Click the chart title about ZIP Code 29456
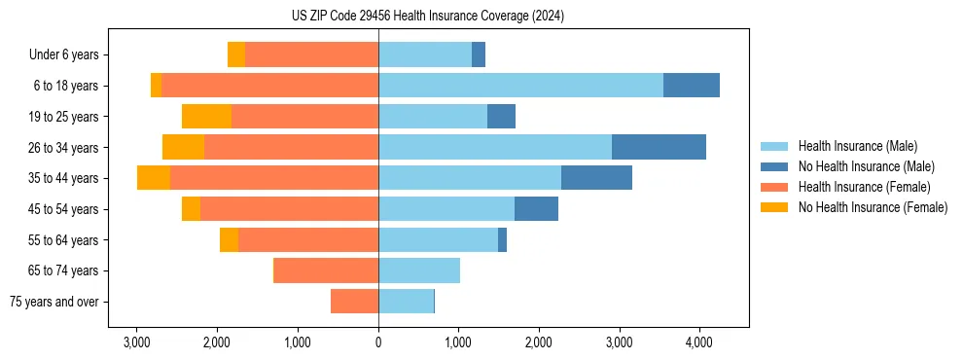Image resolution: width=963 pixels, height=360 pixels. click(x=482, y=17)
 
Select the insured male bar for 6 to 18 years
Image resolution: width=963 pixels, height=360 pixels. click(x=520, y=86)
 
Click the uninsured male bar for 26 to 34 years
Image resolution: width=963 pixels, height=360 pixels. click(x=659, y=147)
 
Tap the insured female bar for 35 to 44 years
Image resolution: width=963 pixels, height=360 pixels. click(x=273, y=178)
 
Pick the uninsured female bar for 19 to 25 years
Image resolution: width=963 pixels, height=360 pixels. click(x=206, y=117)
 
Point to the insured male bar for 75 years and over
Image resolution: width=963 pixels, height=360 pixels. click(x=406, y=302)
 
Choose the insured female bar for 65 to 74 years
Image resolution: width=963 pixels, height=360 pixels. click(x=326, y=270)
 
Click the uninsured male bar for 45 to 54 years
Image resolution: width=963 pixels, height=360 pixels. click(x=536, y=209)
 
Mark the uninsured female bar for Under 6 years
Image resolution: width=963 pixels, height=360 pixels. click(x=235, y=54)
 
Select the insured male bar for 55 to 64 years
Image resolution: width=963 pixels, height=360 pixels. click(x=438, y=240)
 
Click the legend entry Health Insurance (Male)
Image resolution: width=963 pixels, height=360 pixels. click(x=857, y=146)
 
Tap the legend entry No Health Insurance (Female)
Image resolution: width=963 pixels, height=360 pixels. click(x=873, y=207)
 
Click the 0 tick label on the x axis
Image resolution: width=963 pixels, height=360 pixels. click(x=378, y=342)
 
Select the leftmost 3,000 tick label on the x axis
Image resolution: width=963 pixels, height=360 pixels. click(x=137, y=342)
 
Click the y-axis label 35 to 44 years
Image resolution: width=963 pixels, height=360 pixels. click(x=63, y=178)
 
